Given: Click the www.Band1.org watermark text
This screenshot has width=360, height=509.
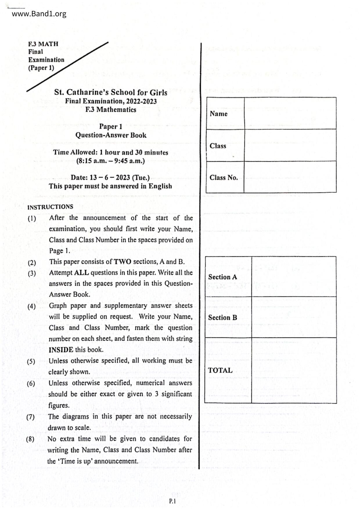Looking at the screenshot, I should pyautogui.click(x=39, y=14).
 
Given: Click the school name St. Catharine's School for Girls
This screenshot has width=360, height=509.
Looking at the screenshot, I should pyautogui.click(x=111, y=92).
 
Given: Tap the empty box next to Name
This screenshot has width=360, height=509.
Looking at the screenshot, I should pyautogui.click(x=290, y=113).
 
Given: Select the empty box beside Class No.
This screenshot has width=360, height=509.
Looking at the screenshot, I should pyautogui.click(x=290, y=177).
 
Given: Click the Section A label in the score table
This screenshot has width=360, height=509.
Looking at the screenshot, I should pyautogui.click(x=222, y=277).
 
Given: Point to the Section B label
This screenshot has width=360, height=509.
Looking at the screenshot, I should pyautogui.click(x=222, y=317).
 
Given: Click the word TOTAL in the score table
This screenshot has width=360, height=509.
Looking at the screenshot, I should pyautogui.click(x=220, y=370).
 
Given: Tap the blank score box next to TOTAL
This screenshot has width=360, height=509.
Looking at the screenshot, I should pyautogui.click(x=294, y=370).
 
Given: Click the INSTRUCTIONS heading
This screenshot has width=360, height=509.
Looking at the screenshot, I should pyautogui.click(x=50, y=207).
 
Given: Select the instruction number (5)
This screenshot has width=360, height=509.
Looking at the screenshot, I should pyautogui.click(x=31, y=362).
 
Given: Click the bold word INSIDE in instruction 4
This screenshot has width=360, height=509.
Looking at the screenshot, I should pyautogui.click(x=61, y=350).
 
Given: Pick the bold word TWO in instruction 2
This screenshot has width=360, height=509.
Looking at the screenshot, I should pyautogui.click(x=122, y=262).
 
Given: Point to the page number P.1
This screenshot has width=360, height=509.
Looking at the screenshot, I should pyautogui.click(x=172, y=501).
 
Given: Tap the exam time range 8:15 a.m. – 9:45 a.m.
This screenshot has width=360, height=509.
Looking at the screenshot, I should pyautogui.click(x=110, y=161).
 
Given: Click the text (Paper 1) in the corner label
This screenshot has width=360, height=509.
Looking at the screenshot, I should pyautogui.click(x=41, y=68).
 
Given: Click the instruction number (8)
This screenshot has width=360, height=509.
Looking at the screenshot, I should pyautogui.click(x=30, y=439).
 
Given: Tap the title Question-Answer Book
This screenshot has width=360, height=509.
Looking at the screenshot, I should pyautogui.click(x=111, y=135).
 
